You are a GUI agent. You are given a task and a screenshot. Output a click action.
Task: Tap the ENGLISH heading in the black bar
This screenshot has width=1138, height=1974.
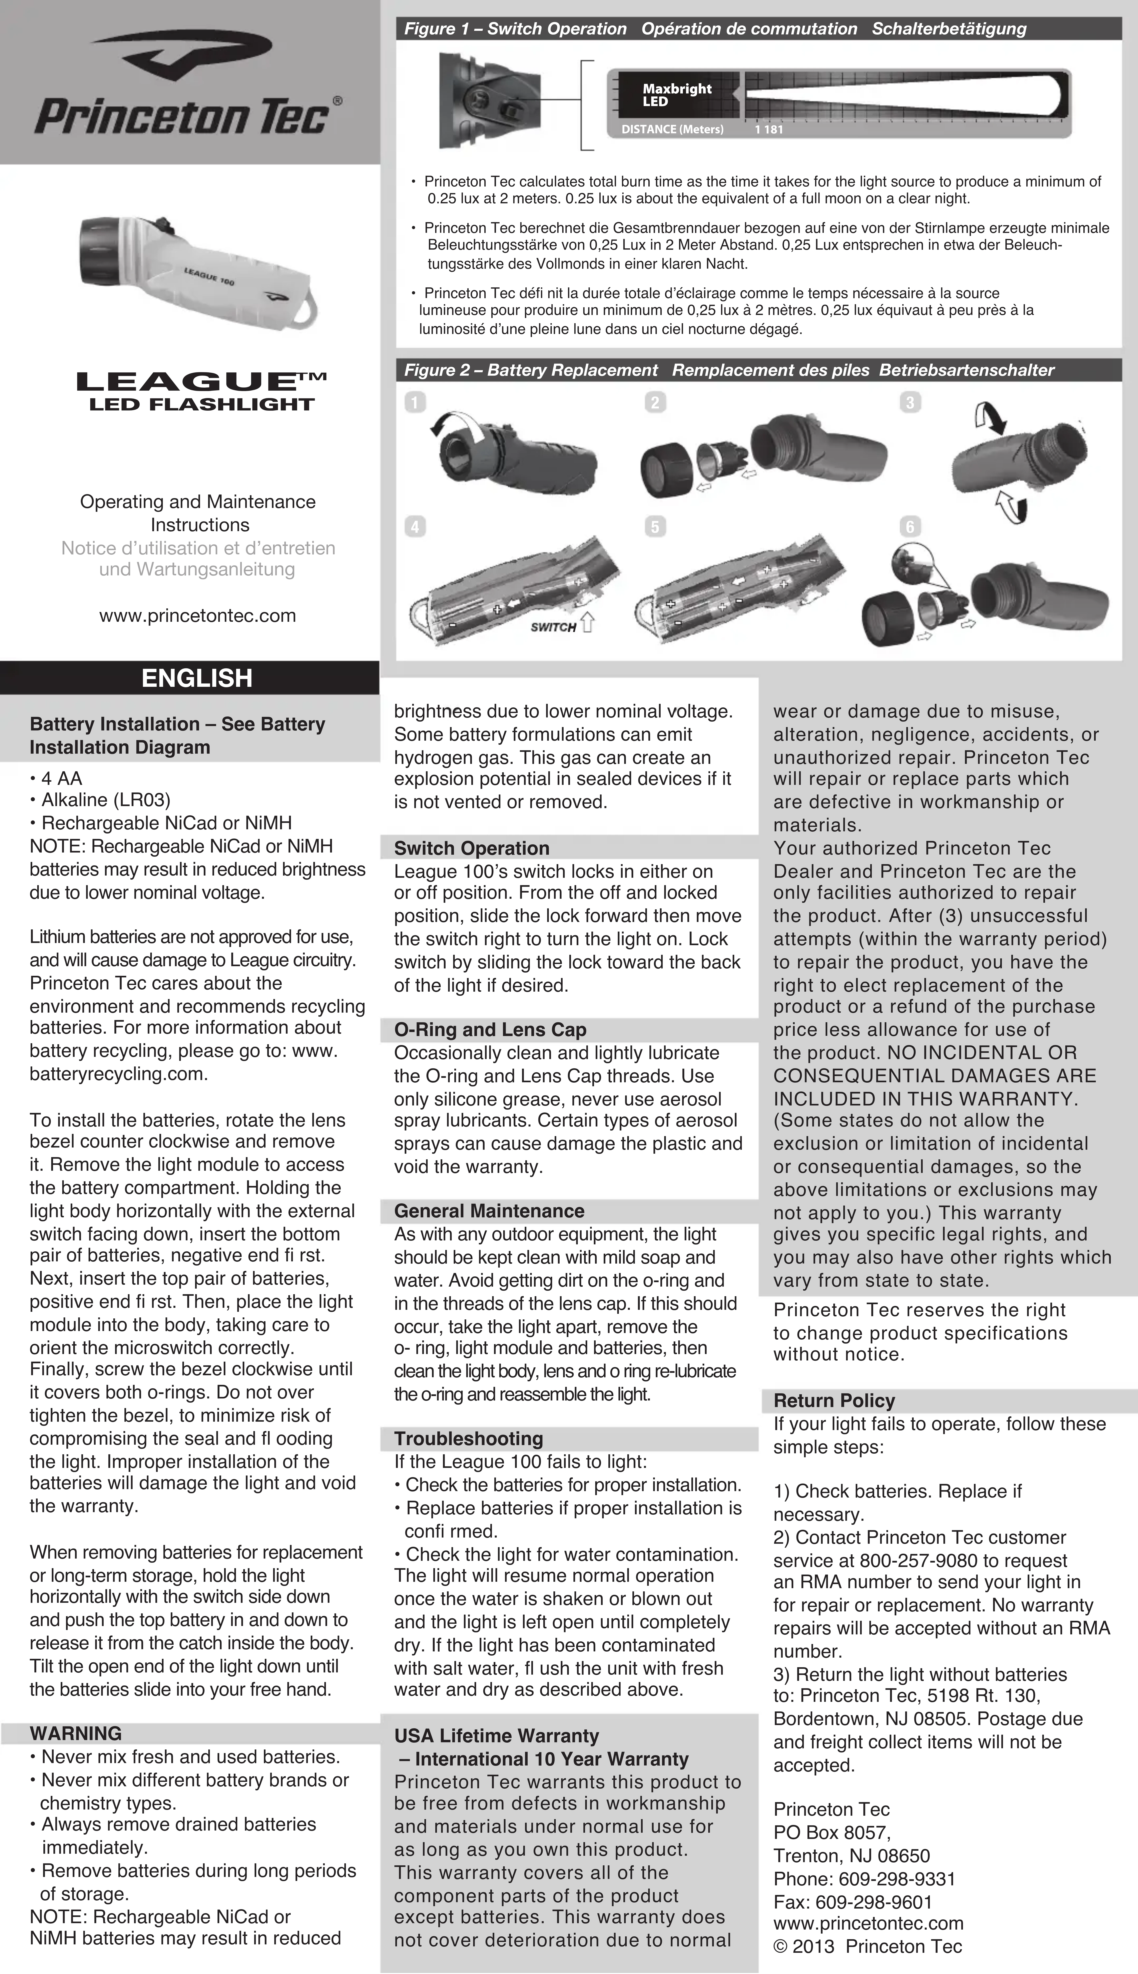pyautogui.click(x=197, y=678)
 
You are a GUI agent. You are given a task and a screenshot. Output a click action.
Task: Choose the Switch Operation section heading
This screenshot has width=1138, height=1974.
pyautogui.click(x=471, y=848)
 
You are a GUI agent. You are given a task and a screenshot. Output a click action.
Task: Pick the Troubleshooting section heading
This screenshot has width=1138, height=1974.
pyautogui.click(x=468, y=1438)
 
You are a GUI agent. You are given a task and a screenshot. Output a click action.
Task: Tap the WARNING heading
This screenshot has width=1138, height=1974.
pyautogui.click(x=76, y=1733)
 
